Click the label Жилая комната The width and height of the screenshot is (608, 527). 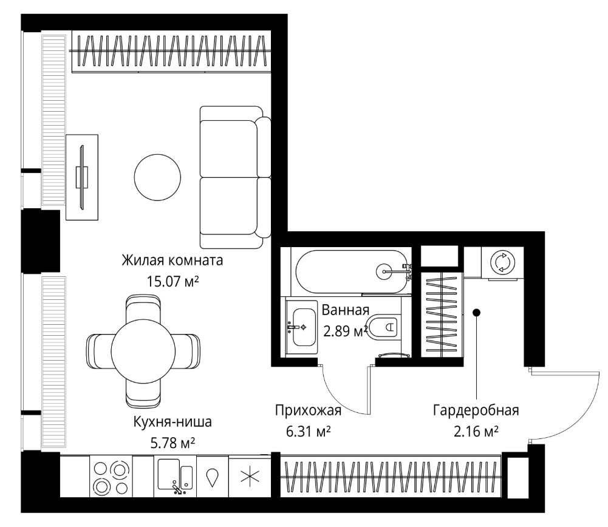coord(172,260)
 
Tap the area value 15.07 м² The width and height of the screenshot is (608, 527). coord(172,281)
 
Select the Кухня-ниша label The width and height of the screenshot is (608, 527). coord(172,421)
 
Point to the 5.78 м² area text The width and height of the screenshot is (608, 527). coord(172,442)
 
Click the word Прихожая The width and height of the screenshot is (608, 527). coord(309,410)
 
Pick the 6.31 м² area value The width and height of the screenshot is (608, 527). coord(309,431)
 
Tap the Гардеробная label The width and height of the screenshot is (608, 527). coord(476,410)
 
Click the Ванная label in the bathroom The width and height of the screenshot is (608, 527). coord(346,310)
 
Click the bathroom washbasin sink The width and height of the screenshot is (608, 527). coord(304,327)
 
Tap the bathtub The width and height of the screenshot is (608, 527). coord(351,271)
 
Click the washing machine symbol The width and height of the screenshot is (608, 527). coord(502,263)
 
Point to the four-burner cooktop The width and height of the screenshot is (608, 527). coord(111,477)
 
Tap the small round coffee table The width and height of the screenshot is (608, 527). coord(157,177)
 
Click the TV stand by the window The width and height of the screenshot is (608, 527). coord(82,177)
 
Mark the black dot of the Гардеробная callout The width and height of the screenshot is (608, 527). coord(477,312)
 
